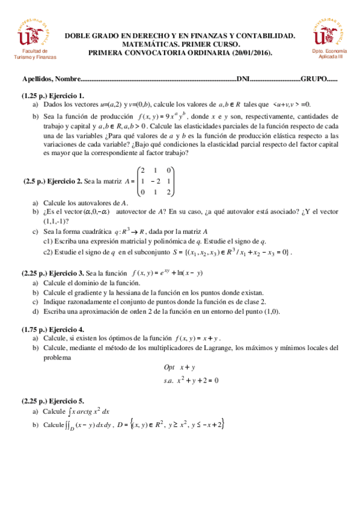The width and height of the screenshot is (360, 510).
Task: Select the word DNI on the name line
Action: (x=243, y=79)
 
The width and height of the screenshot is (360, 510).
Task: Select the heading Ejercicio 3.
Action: (x=67, y=272)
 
